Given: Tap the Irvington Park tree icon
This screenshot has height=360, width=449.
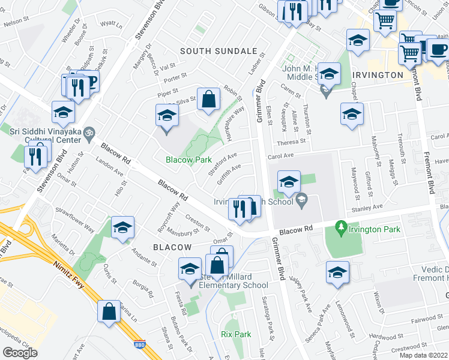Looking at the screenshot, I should (341, 227).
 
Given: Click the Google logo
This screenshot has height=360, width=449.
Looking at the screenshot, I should (20, 352).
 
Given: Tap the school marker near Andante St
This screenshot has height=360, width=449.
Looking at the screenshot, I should (123, 227).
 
